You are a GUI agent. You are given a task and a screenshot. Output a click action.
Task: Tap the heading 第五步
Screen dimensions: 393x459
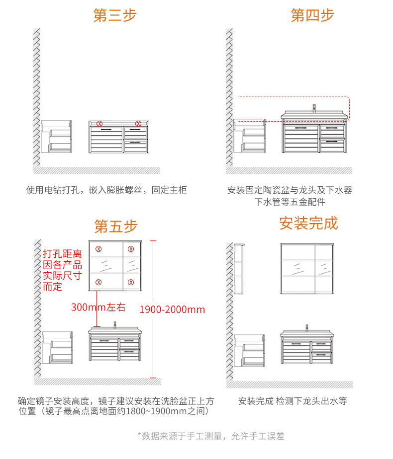pyautogui.click(x=115, y=227)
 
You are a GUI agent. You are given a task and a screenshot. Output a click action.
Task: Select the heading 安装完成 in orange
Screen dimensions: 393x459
pyautogui.click(x=308, y=223)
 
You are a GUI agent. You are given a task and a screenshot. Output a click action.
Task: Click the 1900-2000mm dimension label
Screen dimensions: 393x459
pyautogui.click(x=172, y=309)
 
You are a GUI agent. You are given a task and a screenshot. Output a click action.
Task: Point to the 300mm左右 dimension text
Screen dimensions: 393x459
pyautogui.click(x=98, y=307)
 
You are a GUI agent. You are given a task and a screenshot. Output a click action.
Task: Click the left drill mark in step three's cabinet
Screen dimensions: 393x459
pyautogui.click(x=99, y=123)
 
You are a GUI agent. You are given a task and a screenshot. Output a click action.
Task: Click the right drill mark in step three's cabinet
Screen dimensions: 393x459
pyautogui.click(x=138, y=123)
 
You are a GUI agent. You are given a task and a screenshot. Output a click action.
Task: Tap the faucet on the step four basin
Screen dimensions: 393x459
pyautogui.click(x=314, y=108)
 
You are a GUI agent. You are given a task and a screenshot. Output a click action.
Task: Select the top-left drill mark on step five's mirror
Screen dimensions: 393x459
pyautogui.click(x=98, y=248)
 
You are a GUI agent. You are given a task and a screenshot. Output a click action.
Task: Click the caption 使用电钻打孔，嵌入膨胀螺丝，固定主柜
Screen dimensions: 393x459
pyautogui.click(x=106, y=190)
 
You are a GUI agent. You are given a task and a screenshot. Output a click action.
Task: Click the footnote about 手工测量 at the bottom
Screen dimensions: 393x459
pyautogui.click(x=210, y=436)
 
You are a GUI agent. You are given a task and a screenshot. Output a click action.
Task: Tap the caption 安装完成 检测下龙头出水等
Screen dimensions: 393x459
pyautogui.click(x=292, y=401)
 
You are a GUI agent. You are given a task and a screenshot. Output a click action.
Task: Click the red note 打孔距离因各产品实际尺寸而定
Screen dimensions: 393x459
pyautogui.click(x=62, y=270)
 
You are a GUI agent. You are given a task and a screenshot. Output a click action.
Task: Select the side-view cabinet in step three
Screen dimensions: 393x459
pyautogui.click(x=56, y=137)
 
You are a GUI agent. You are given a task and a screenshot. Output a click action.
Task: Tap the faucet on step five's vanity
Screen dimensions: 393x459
pyautogui.click(x=115, y=325)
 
